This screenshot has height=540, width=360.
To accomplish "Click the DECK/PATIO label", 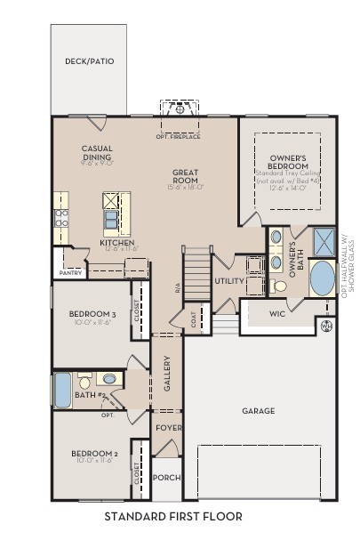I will [90, 61].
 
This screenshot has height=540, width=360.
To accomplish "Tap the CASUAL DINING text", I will [97, 153].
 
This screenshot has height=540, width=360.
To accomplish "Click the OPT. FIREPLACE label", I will [178, 136].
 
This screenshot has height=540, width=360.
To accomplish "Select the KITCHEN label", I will [116, 243].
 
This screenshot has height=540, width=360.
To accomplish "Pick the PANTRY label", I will [70, 273].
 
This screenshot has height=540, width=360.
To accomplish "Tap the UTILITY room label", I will [228, 281].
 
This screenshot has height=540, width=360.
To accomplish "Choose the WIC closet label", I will [277, 313].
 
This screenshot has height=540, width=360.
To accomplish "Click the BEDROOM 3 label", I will [92, 314].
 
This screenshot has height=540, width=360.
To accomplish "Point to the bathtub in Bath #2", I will [62, 390].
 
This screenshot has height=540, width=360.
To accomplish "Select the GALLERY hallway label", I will [167, 374].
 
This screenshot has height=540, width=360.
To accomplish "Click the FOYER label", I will [168, 428].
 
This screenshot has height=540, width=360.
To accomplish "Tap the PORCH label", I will [166, 478].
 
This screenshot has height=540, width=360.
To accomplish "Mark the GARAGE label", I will [258, 411].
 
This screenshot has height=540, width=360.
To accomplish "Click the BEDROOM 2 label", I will [93, 454].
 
